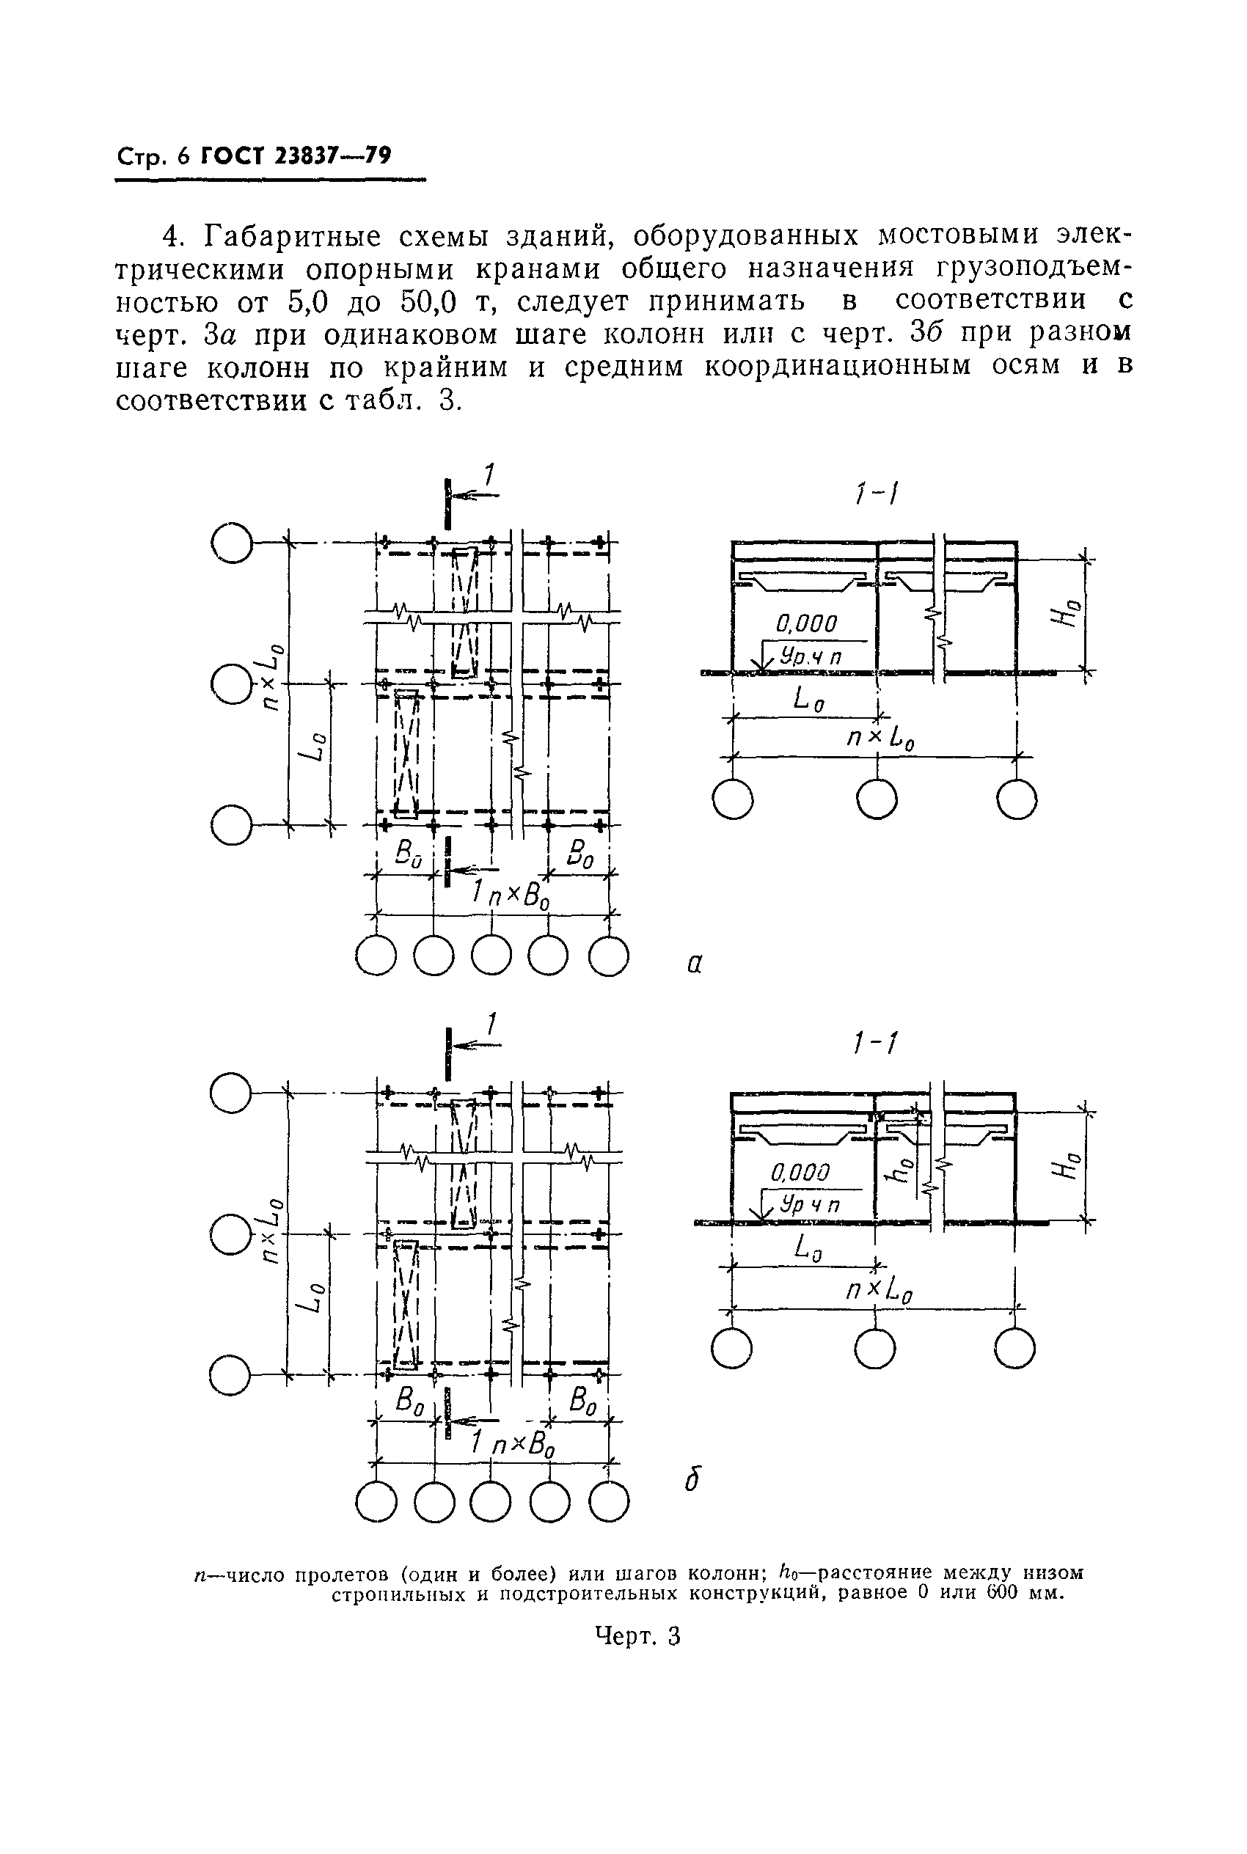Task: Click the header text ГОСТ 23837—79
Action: click(x=295, y=155)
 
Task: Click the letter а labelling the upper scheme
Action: click(x=694, y=964)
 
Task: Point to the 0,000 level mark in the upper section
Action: click(x=805, y=623)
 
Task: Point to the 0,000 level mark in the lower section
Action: click(x=800, y=1172)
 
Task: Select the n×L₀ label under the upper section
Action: click(x=880, y=739)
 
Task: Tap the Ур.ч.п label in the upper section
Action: click(x=810, y=656)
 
